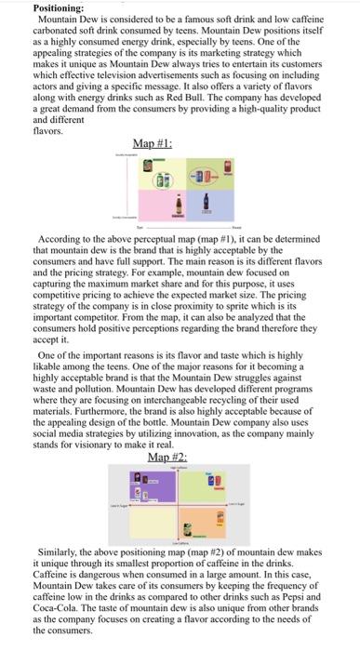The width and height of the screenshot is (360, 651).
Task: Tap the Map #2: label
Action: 167,458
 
